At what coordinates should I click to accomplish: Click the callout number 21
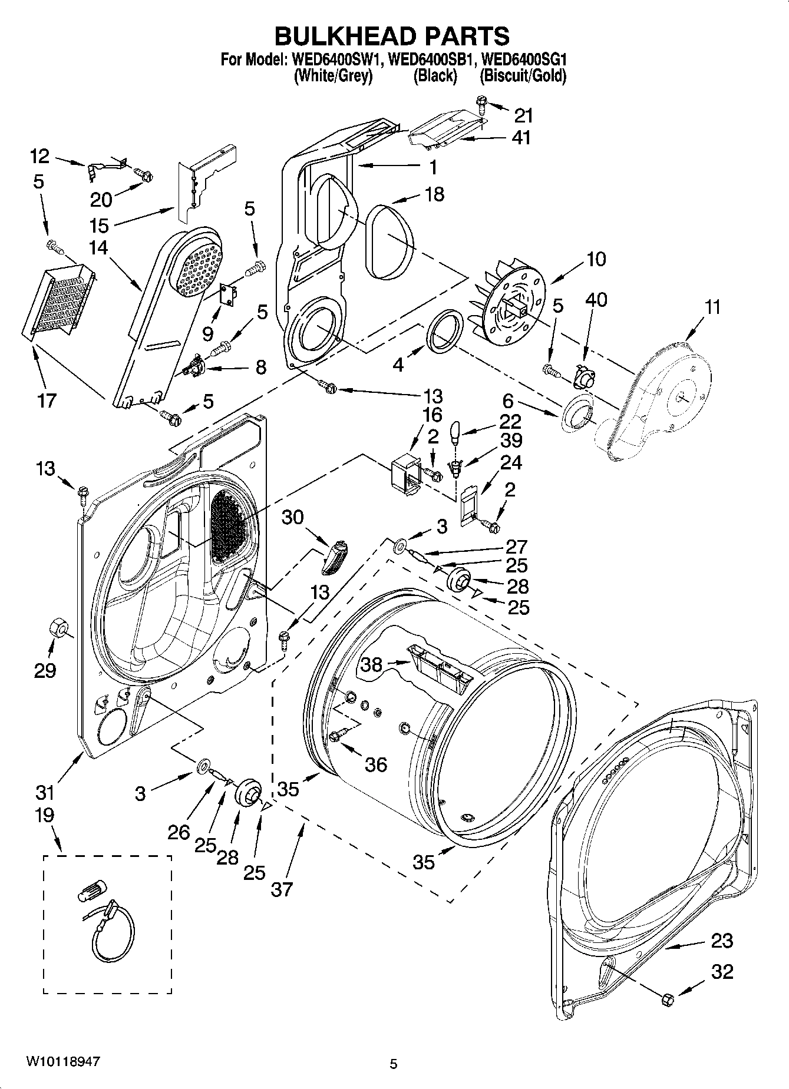click(523, 115)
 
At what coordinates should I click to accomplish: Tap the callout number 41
click(521, 138)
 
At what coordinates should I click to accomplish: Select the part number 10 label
click(596, 259)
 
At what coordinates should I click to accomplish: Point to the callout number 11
click(712, 307)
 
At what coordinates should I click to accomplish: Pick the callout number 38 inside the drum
click(372, 664)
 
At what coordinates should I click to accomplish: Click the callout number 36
click(376, 764)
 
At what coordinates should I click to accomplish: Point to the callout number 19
click(44, 815)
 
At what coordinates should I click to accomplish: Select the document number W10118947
click(62, 1062)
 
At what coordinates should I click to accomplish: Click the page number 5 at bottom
click(394, 1064)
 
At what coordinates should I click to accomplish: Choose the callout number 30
click(292, 517)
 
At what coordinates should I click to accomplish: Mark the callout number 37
click(282, 888)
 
